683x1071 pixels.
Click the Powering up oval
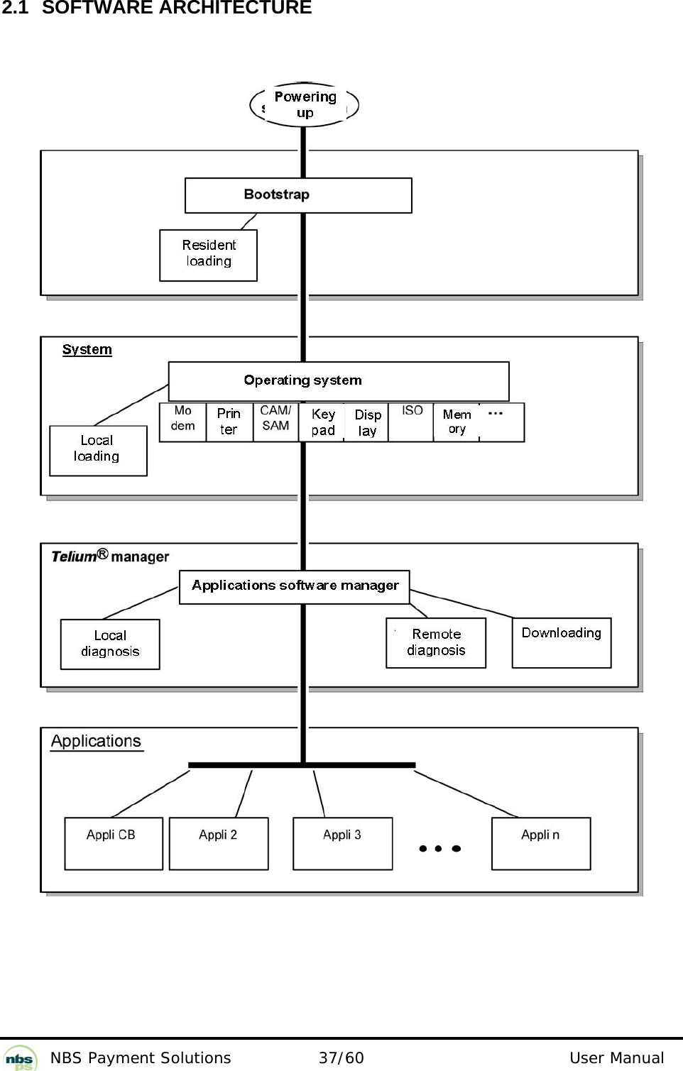tap(305, 104)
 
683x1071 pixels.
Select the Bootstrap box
tap(298, 195)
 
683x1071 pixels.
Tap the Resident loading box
tap(208, 255)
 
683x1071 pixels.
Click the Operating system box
tap(338, 381)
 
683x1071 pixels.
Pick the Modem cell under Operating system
tap(182, 422)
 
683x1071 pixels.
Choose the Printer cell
tap(229, 422)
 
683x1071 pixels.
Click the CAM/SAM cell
tap(275, 422)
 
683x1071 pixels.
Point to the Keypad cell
tap(322, 422)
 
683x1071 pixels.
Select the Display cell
tap(367, 422)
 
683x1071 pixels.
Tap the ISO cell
tap(411, 422)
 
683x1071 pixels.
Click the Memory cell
tap(457, 422)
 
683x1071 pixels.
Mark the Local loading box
tap(98, 450)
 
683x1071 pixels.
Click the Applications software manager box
tap(295, 587)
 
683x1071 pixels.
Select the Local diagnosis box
tap(110, 644)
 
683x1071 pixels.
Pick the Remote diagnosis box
tap(436, 642)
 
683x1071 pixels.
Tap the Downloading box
tap(562, 642)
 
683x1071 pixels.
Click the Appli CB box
tap(114, 843)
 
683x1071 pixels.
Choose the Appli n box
tap(541, 843)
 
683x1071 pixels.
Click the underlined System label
tap(87, 349)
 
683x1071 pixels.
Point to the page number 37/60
tap(341, 1058)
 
